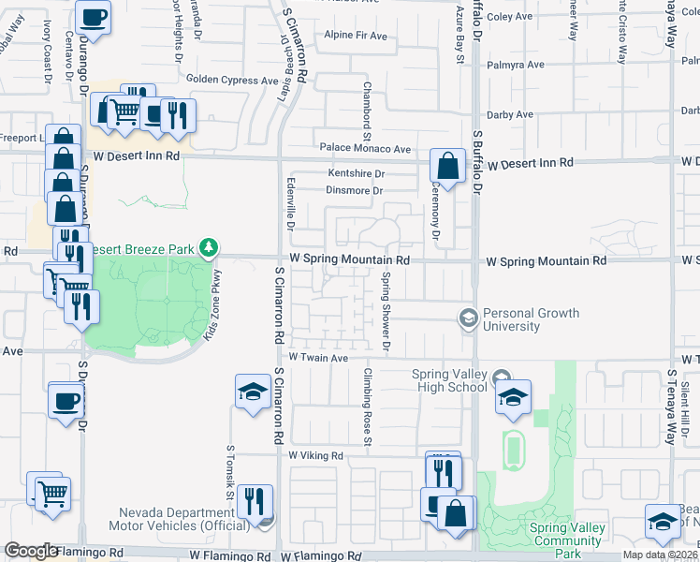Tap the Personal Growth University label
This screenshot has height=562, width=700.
tap(531, 319)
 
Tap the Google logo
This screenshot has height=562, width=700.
tap(31, 551)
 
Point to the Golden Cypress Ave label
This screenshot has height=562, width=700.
tap(233, 81)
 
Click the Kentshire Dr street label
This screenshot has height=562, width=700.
tap(356, 174)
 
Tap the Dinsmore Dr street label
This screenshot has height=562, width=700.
tap(355, 191)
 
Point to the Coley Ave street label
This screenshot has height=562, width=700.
tap(510, 17)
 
